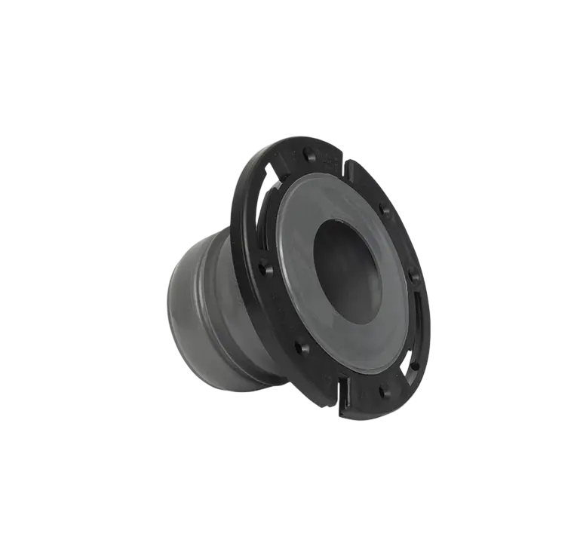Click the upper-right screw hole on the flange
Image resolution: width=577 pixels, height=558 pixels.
coord(385,210)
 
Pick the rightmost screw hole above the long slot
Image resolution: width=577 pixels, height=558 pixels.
coord(414,277)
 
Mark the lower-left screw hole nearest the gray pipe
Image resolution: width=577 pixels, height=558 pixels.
coord(301,348)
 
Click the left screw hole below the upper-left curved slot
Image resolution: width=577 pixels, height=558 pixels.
coord(265,267)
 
